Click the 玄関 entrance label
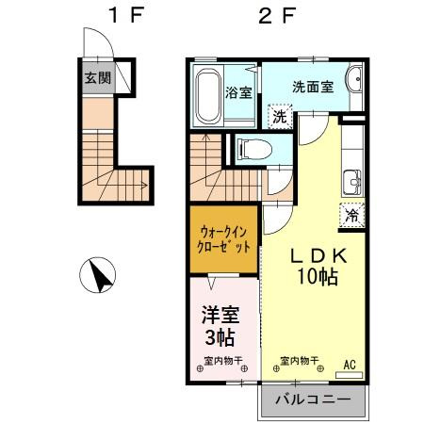(x=96, y=77)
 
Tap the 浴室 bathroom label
(x=238, y=92)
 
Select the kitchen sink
(x=351, y=178)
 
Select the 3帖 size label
(x=219, y=336)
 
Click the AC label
(x=350, y=363)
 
